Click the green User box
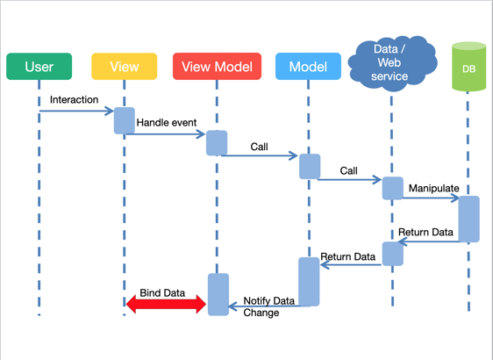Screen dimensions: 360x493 (x=39, y=67)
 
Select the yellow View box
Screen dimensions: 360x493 (x=125, y=67)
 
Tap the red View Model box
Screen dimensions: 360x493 (x=217, y=67)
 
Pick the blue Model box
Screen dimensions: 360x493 (x=308, y=67)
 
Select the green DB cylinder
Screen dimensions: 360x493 (x=468, y=67)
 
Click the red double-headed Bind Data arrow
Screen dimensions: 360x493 (x=166, y=304)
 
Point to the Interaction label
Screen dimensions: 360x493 (x=74, y=100)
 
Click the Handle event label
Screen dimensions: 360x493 (x=167, y=124)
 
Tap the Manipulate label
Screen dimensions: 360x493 (x=433, y=188)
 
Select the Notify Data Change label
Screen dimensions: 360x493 (x=268, y=306)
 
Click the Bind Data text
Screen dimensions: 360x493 (x=162, y=292)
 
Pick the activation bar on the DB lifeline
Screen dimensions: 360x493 (x=468, y=219)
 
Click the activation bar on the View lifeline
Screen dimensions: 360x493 (x=125, y=120)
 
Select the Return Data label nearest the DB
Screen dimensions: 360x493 (x=425, y=233)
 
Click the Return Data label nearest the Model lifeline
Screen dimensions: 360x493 (x=347, y=257)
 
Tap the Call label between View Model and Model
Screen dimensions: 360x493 (x=259, y=147)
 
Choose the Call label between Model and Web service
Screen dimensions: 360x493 (x=349, y=170)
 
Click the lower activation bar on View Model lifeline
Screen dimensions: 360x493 (x=218, y=294)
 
